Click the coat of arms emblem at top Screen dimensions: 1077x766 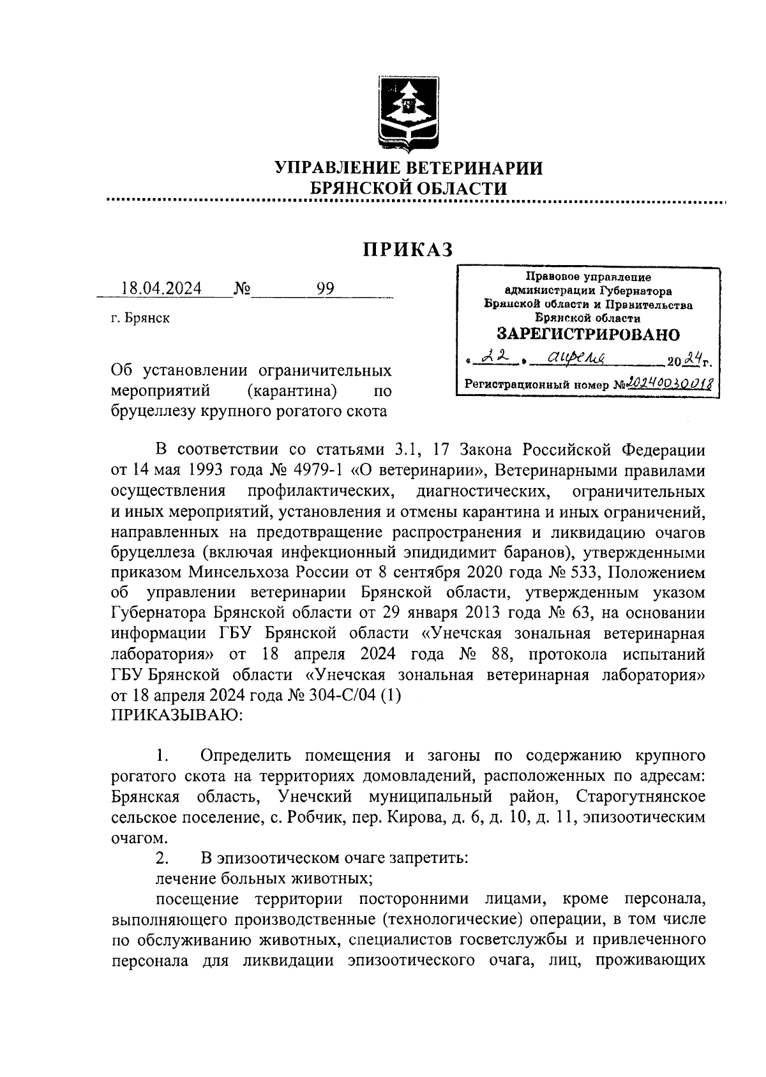pos(408,113)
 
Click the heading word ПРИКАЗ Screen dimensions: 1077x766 pos(408,249)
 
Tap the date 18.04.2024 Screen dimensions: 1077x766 pos(161,289)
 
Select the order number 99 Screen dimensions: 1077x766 pos(325,289)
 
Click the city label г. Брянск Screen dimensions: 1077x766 pos(140,318)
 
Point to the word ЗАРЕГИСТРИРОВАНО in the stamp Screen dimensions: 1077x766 pos(587,334)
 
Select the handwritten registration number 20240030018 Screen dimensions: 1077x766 pos(670,383)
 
